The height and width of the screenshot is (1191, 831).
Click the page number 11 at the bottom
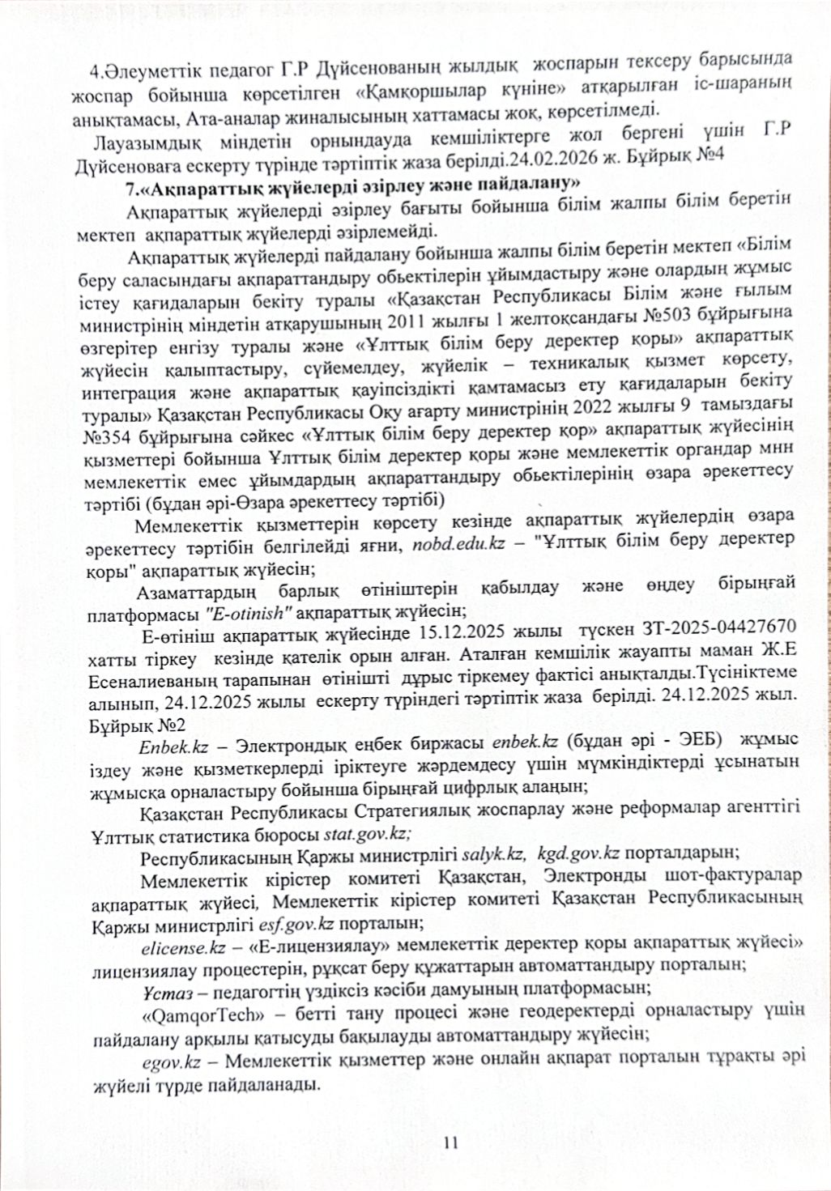451,1142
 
